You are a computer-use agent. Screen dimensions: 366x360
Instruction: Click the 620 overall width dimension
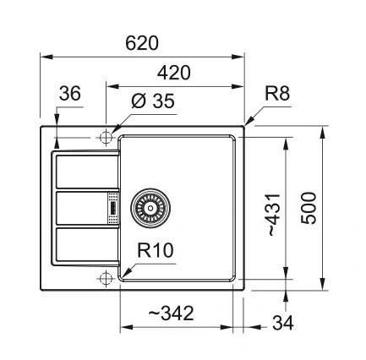(142, 43)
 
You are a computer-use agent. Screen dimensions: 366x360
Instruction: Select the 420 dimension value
(174, 73)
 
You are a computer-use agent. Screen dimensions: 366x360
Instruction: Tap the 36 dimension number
(70, 94)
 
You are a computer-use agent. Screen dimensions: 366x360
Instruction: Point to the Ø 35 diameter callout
(153, 101)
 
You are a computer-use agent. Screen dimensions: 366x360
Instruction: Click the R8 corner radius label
(277, 94)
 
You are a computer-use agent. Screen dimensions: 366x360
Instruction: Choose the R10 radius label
(156, 250)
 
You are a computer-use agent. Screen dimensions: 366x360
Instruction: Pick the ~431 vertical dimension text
(274, 215)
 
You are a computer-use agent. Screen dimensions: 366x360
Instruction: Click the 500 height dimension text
(309, 208)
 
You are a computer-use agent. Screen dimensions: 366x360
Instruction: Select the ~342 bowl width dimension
(171, 314)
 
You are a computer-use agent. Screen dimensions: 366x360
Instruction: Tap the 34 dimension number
(283, 323)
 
